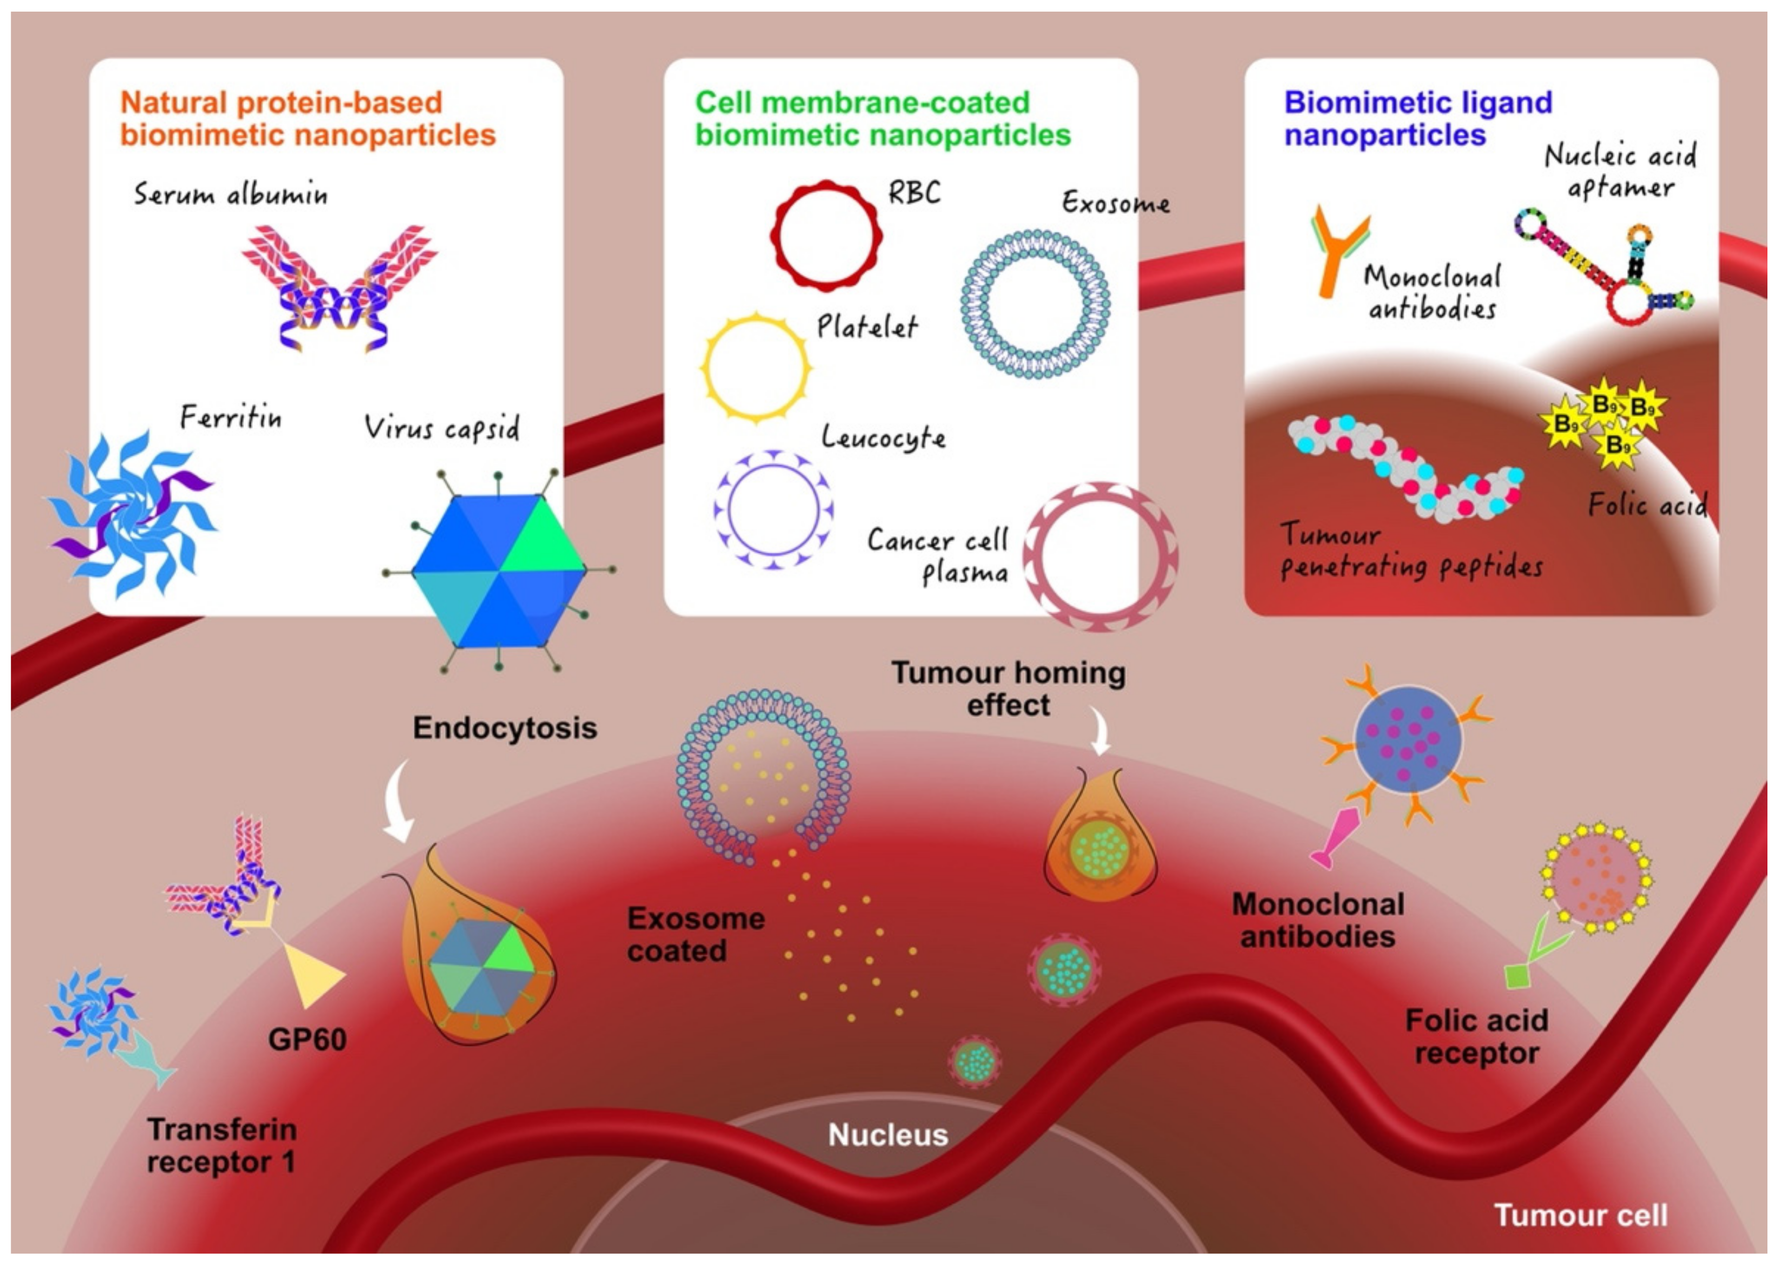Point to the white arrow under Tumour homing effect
pyautogui.click(x=1101, y=732)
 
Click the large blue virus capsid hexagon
pyautogui.click(x=499, y=571)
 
